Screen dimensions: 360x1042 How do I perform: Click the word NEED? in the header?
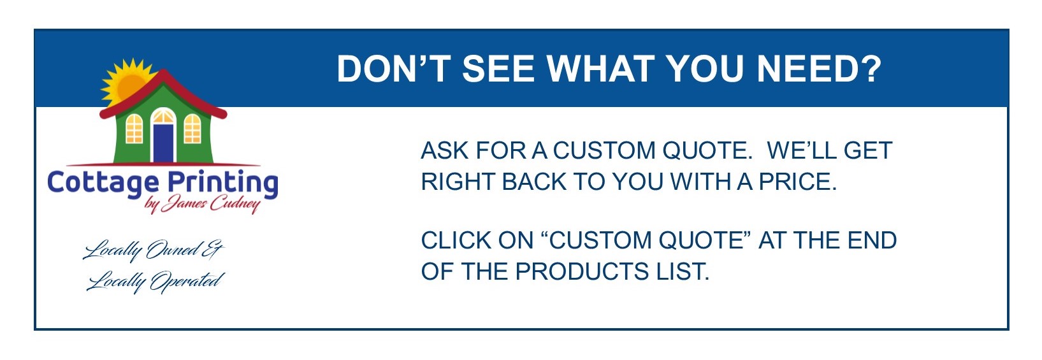[x=819, y=69]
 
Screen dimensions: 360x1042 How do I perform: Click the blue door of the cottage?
[x=163, y=143]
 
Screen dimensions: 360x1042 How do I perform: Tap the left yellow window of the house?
[x=134, y=129]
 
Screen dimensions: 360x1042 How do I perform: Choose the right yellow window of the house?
[x=192, y=129]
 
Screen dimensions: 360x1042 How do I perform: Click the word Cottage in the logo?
[x=103, y=183]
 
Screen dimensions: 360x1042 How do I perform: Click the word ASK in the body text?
[x=444, y=151]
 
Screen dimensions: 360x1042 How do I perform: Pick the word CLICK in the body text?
[x=456, y=241]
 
